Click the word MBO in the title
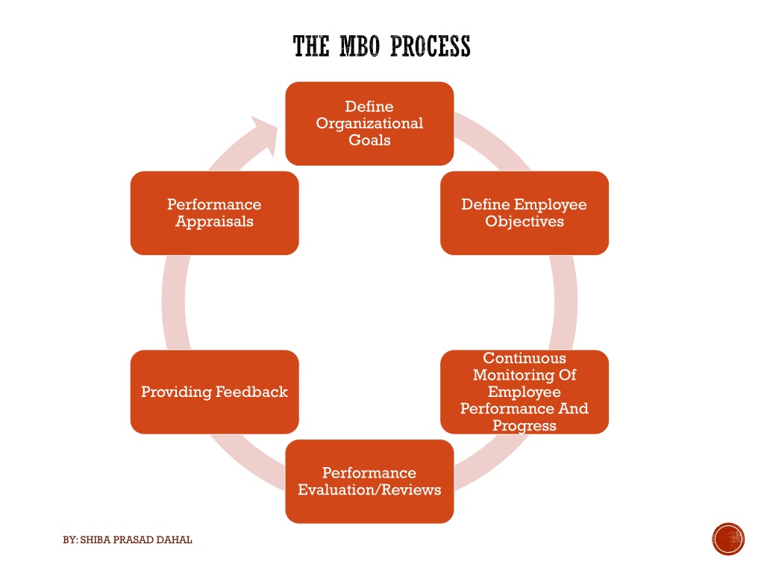point(359,46)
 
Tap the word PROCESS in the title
point(430,46)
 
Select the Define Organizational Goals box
point(369,123)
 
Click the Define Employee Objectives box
point(525,213)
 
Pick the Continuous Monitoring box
point(525,392)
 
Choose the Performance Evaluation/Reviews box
point(369,481)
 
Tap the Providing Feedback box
point(214,392)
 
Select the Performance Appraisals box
point(214,213)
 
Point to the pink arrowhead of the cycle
point(266,134)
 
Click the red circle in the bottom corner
point(728,539)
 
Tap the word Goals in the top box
point(369,140)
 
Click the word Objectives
point(525,222)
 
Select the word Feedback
point(251,392)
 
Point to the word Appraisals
point(214,222)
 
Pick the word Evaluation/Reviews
point(369,489)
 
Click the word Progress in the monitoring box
point(525,426)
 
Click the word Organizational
point(369,124)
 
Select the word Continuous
point(525,358)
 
